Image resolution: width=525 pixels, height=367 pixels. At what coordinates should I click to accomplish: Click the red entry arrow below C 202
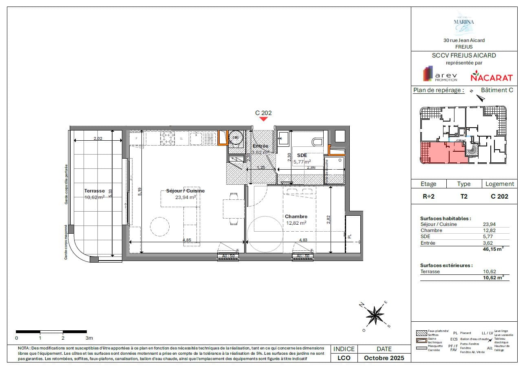click(263, 119)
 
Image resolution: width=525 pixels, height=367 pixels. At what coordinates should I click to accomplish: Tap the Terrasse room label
click(95, 190)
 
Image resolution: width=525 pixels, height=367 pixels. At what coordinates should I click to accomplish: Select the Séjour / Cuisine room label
click(185, 191)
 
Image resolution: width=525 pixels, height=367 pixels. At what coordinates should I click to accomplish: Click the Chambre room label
click(296, 217)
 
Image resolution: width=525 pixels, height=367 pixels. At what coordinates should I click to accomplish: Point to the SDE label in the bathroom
click(302, 155)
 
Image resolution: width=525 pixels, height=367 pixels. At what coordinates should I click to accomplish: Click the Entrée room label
click(260, 146)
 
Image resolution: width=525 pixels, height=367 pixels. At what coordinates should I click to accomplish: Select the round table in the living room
click(157, 225)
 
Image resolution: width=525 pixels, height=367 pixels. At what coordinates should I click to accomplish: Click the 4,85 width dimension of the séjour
click(187, 240)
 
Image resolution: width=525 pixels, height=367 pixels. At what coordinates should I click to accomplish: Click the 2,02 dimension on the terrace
click(98, 139)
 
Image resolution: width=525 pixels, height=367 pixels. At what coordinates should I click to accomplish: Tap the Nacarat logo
click(486, 76)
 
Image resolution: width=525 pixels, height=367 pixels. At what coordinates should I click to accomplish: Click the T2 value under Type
click(464, 196)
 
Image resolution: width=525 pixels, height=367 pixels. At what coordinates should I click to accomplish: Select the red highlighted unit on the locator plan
click(442, 152)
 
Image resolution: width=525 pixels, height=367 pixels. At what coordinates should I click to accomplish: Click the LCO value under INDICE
click(344, 358)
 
